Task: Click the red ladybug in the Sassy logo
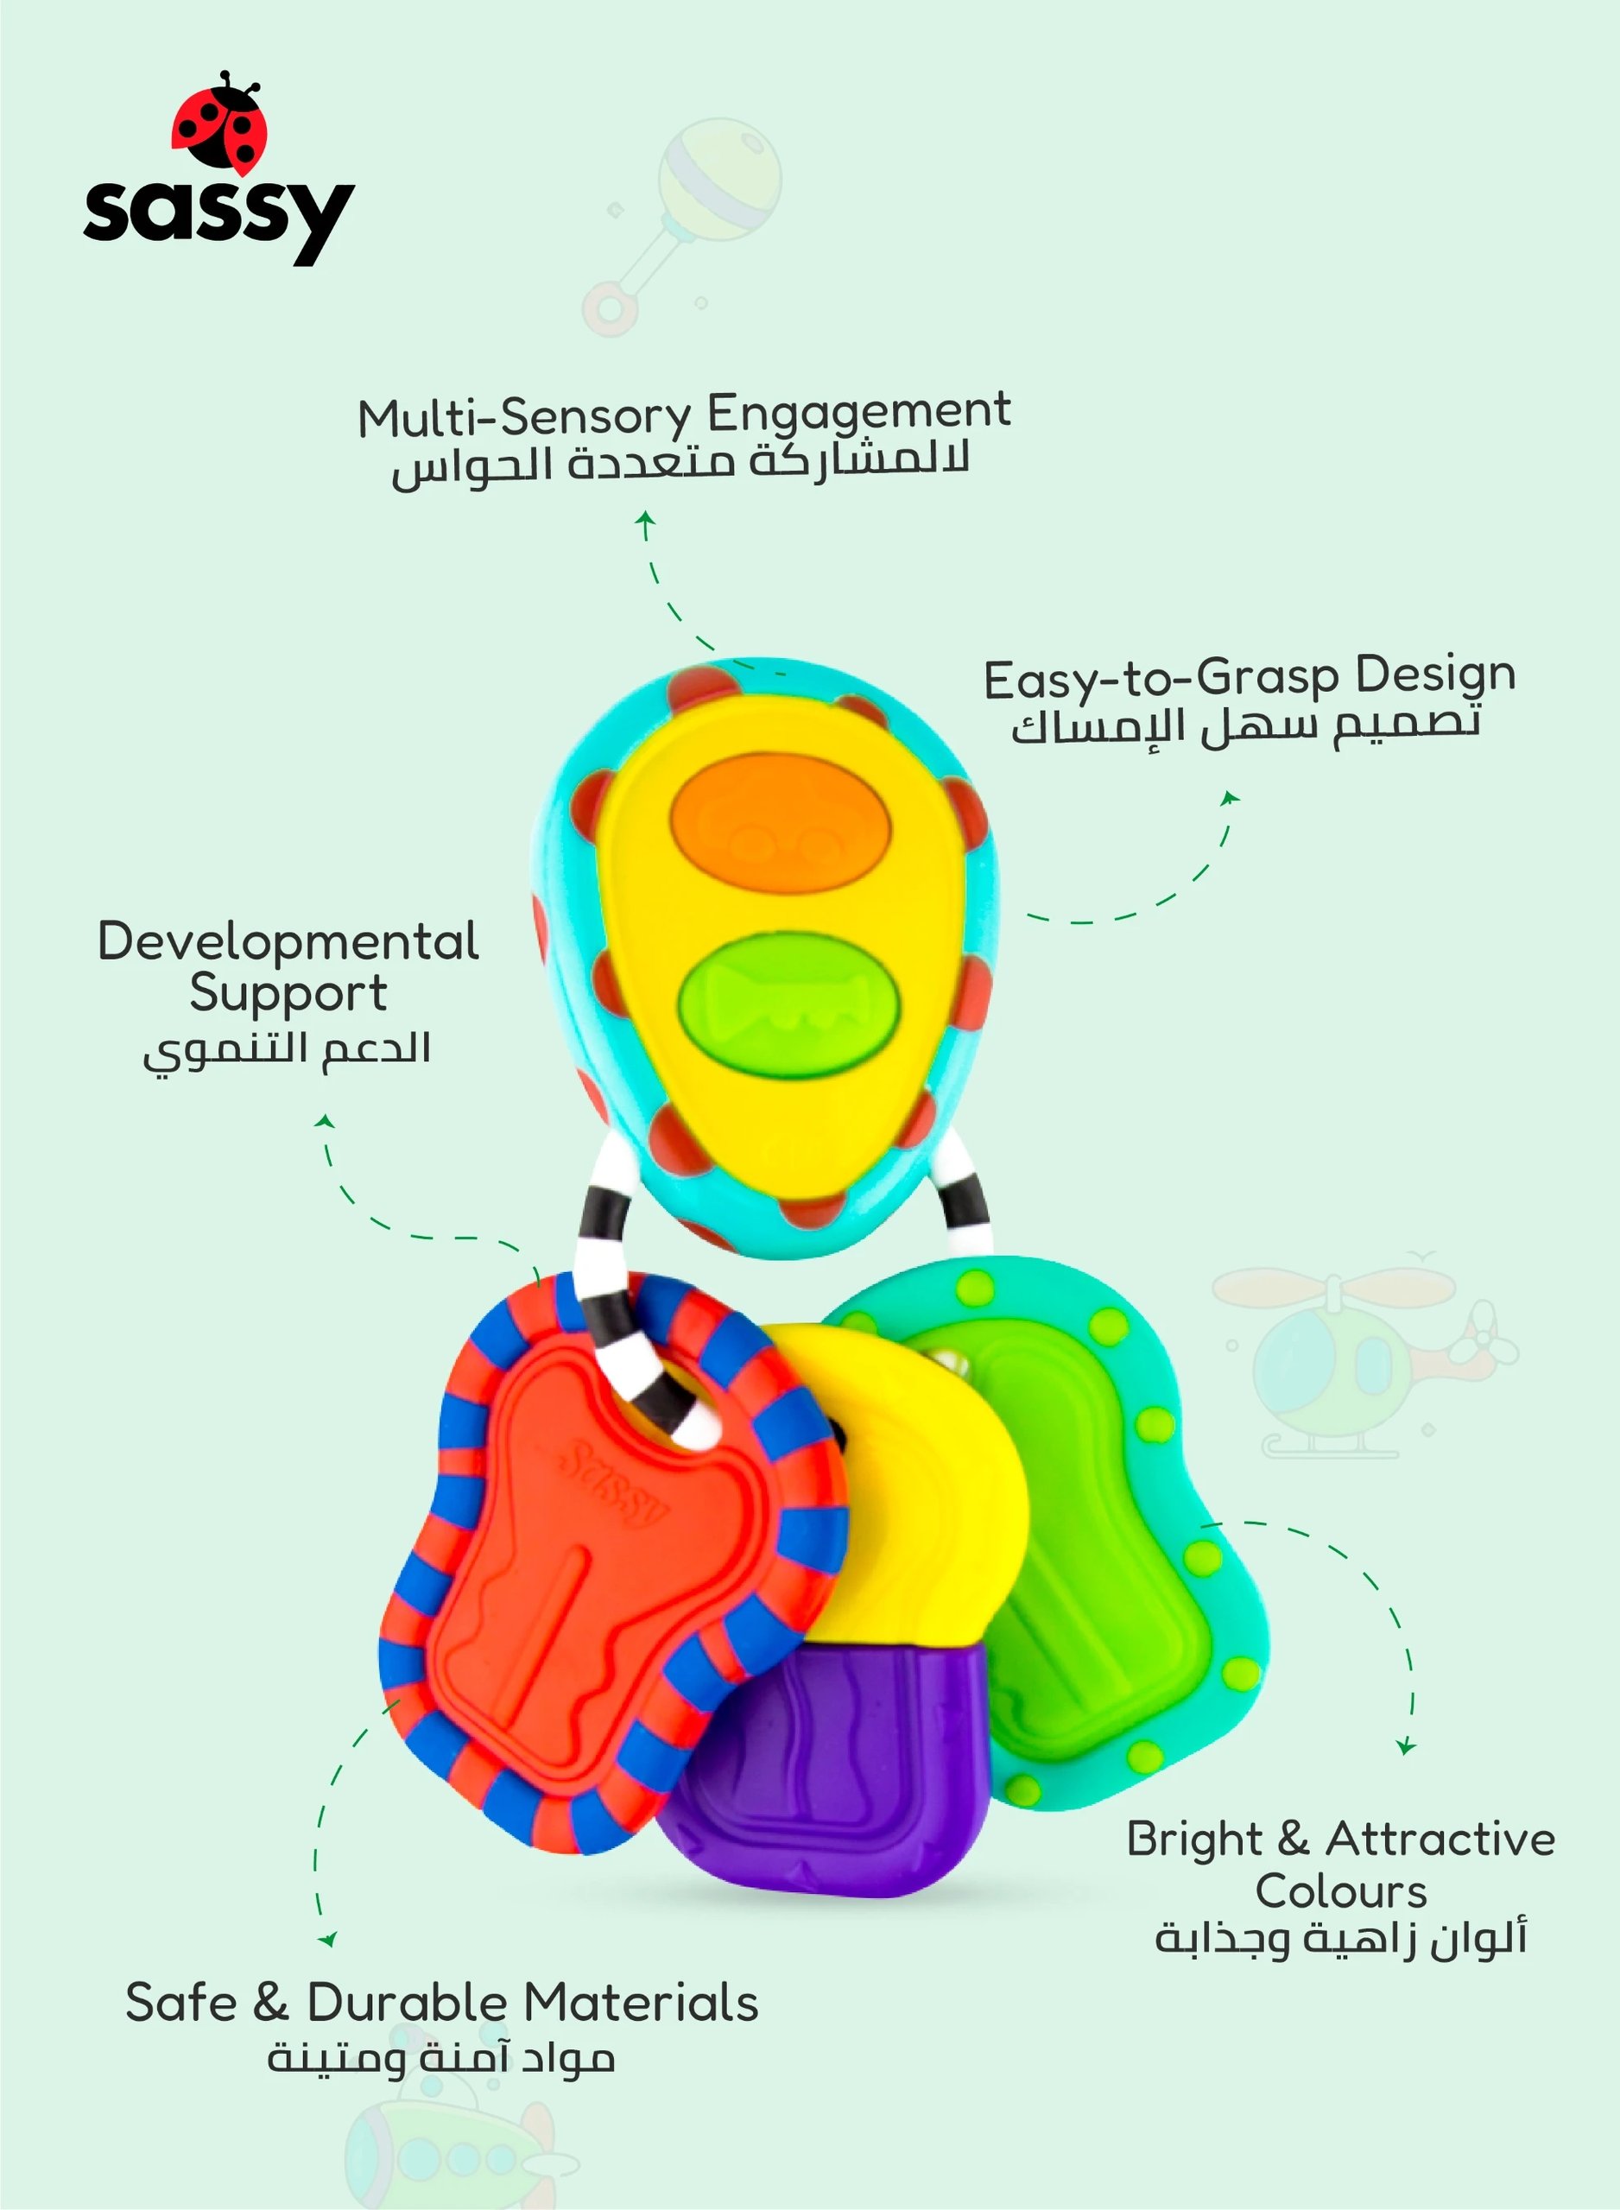[x=219, y=123]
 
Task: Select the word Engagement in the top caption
[x=858, y=413]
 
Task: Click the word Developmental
[x=288, y=941]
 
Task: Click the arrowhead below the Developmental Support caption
[x=326, y=1122]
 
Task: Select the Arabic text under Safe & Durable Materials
[x=441, y=2057]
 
